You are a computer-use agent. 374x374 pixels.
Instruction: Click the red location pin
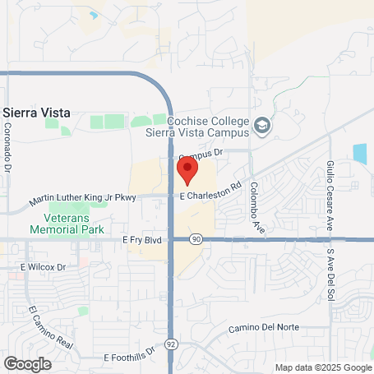tap(187, 169)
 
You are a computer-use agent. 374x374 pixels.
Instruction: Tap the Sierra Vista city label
tap(36, 113)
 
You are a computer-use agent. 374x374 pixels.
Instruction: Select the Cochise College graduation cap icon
tap(262, 126)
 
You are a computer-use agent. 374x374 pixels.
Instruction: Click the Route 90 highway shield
tap(194, 239)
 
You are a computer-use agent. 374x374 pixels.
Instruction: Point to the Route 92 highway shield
tap(170, 342)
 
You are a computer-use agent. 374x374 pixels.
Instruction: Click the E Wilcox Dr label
tap(43, 267)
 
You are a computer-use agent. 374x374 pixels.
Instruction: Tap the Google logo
tap(28, 362)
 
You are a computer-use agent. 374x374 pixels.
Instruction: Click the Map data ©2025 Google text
tap(323, 367)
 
